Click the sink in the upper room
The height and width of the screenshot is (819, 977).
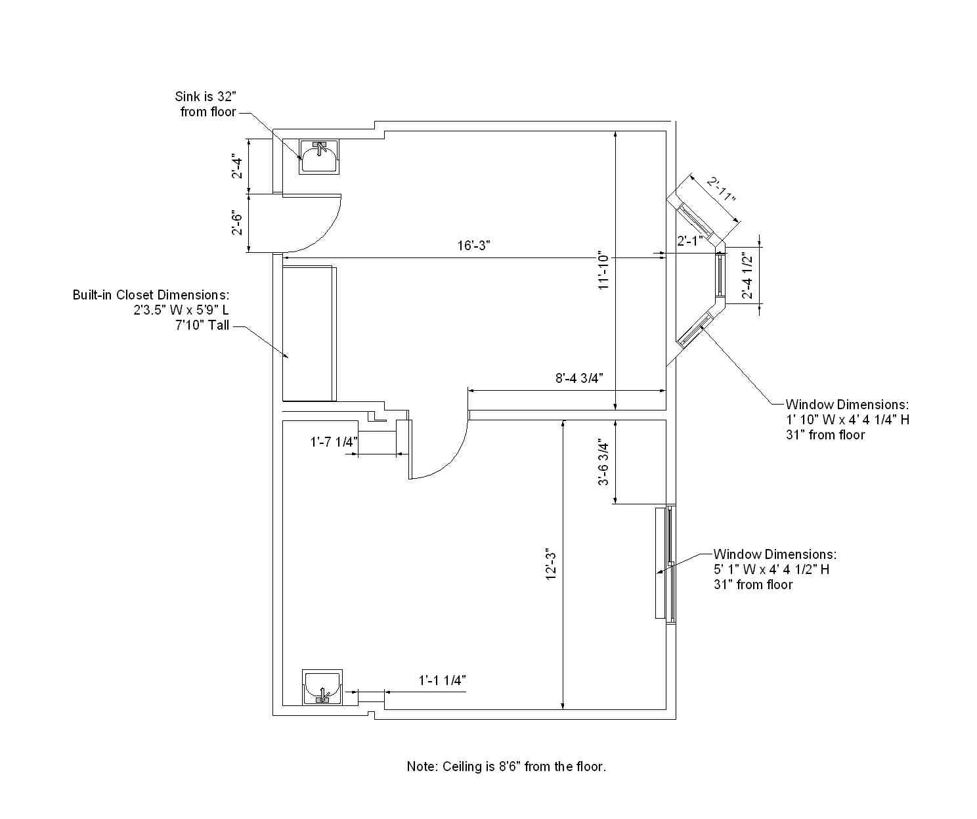[319, 157]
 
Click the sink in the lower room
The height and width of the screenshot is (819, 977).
[322, 687]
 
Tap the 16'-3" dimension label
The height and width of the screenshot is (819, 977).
[473, 245]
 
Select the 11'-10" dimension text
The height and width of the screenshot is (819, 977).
[604, 271]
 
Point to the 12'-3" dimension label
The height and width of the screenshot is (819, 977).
[551, 566]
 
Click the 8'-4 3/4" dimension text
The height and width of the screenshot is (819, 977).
[579, 378]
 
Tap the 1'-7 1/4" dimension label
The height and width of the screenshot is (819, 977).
[334, 442]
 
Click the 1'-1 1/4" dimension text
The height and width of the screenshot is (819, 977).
[442, 680]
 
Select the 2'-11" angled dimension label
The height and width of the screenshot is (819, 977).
[721, 189]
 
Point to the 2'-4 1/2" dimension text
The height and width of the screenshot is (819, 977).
[747, 276]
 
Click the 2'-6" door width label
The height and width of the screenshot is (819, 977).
[238, 223]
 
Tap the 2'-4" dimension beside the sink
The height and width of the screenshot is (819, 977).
[238, 167]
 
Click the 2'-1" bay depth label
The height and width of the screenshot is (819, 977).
[689, 240]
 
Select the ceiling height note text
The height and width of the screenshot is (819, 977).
[506, 766]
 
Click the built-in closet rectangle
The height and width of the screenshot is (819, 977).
[309, 334]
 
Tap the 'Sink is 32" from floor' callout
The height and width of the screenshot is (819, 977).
[206, 104]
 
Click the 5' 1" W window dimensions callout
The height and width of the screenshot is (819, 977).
[775, 569]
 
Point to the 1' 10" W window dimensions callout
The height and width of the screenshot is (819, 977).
[848, 419]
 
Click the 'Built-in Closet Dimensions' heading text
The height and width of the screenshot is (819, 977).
[151, 295]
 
